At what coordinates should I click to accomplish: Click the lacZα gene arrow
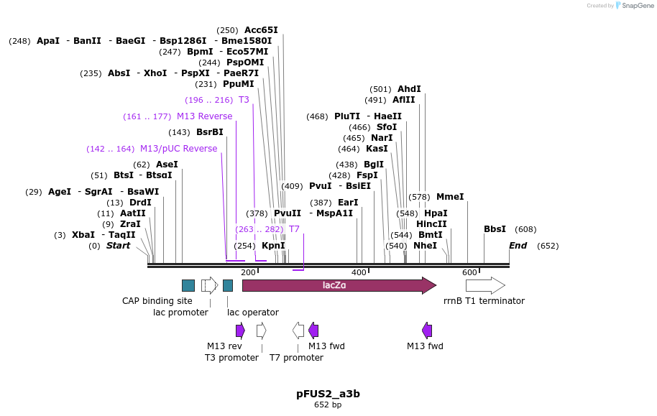(x=338, y=285)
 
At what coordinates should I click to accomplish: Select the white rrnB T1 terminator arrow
(x=484, y=285)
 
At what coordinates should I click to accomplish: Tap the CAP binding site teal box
(x=188, y=285)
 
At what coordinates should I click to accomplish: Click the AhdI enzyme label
(x=409, y=89)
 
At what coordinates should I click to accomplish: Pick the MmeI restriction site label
(x=450, y=196)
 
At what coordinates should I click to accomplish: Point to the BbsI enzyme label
(x=495, y=229)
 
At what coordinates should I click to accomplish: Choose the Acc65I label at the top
(x=261, y=30)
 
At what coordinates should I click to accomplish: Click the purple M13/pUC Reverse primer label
(x=178, y=149)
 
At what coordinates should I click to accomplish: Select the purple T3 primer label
(x=244, y=100)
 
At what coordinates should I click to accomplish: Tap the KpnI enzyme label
(x=273, y=246)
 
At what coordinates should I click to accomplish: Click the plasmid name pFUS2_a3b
(x=328, y=394)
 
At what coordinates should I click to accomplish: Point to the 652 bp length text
(x=328, y=405)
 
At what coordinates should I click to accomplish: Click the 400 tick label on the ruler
(x=359, y=272)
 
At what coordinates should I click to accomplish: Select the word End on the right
(x=518, y=246)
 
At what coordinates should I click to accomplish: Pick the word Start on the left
(x=118, y=246)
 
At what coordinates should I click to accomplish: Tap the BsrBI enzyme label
(x=210, y=132)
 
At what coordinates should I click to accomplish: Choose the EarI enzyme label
(x=348, y=203)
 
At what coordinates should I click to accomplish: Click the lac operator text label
(x=253, y=312)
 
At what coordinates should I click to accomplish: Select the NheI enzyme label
(x=425, y=246)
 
